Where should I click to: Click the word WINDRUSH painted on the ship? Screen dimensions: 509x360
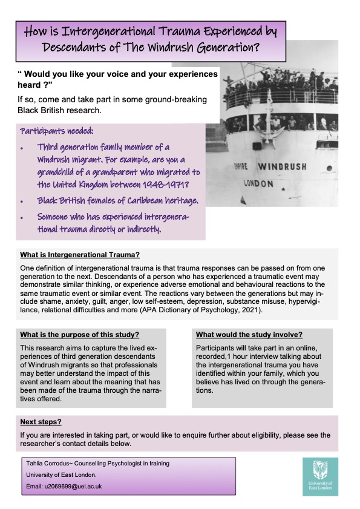tap(282, 166)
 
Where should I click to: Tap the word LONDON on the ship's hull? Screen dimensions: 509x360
tap(258, 183)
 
